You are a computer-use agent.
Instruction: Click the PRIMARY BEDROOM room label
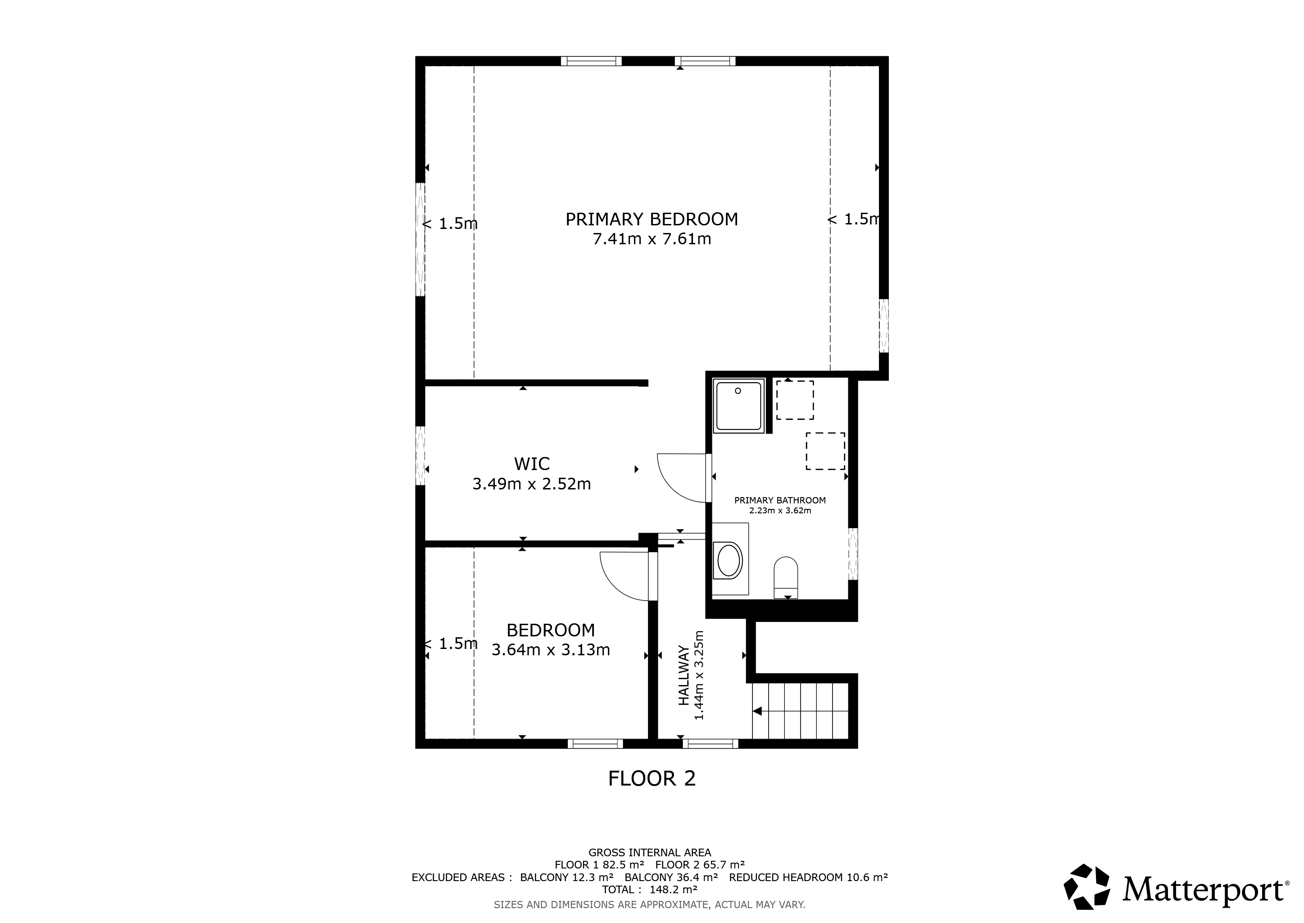coord(652,219)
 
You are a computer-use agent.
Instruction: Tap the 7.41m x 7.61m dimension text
coord(652,239)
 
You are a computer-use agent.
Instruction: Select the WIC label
coord(532,464)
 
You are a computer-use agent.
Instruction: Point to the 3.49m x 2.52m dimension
coord(532,484)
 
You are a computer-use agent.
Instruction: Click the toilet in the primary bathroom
coord(786,577)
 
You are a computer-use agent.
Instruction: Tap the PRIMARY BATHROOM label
coord(780,501)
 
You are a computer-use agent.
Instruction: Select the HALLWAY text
coord(684,675)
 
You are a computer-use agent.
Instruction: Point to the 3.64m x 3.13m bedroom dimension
coord(550,649)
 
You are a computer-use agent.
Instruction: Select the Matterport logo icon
coord(1086,888)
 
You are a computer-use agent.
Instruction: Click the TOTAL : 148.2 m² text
coord(650,890)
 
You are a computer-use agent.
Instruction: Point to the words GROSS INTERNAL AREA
coord(650,853)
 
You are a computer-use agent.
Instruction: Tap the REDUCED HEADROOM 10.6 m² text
coord(809,877)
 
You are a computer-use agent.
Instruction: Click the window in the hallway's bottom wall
coord(711,743)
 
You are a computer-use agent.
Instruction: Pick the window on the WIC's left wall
coord(420,455)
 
